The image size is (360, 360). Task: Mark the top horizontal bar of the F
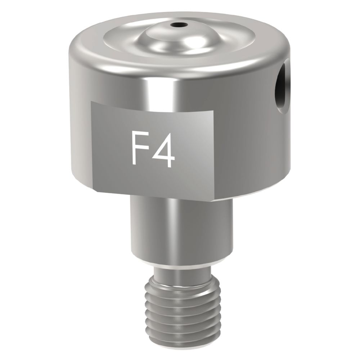[x=140, y=136]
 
